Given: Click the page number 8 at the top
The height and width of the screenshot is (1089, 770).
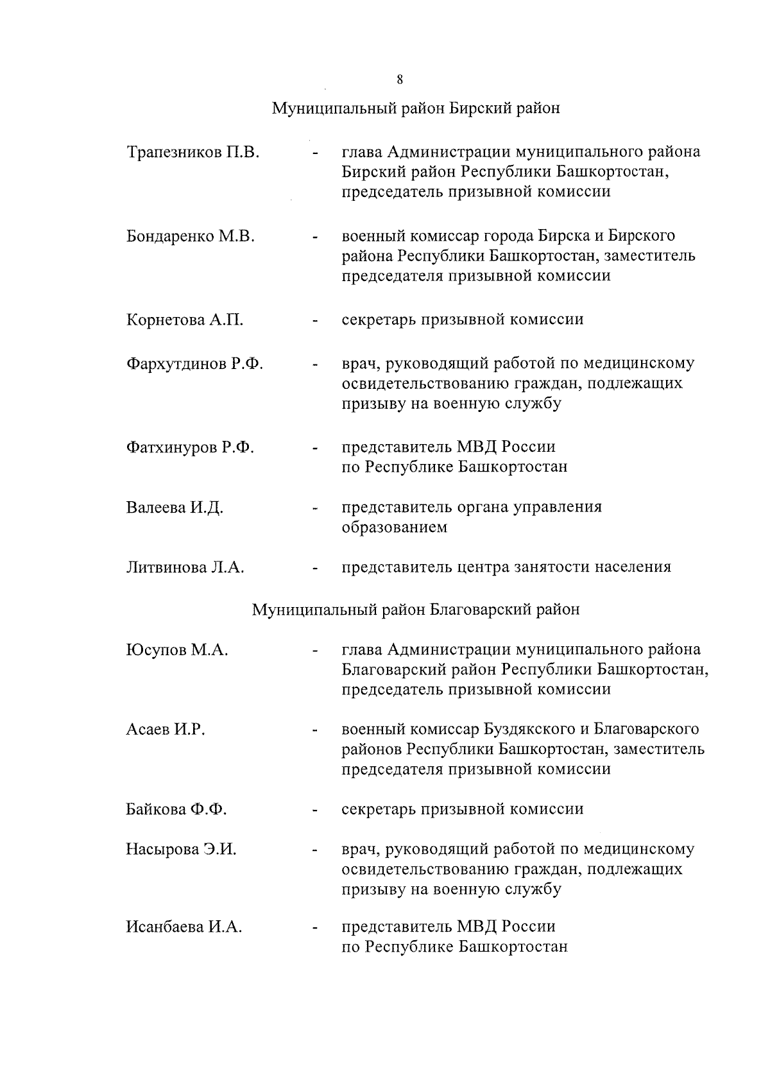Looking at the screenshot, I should (x=400, y=80).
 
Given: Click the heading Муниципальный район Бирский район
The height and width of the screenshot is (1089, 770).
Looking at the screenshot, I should (x=416, y=108).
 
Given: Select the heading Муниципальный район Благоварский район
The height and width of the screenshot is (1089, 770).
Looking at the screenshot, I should (x=416, y=609).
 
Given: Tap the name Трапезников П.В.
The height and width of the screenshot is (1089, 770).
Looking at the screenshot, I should (x=193, y=153).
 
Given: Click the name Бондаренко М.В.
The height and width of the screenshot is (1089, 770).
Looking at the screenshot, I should (x=191, y=236).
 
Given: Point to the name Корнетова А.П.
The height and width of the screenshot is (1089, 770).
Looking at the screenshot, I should (x=185, y=320).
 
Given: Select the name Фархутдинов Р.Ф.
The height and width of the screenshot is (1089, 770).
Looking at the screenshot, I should (x=195, y=364).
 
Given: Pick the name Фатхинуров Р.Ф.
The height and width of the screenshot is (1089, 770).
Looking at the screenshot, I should (x=191, y=447).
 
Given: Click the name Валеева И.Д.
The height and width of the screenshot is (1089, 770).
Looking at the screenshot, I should (x=175, y=508).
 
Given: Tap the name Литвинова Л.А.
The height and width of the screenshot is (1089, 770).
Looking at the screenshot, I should (x=185, y=567).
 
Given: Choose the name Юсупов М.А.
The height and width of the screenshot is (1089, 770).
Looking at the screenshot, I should (x=178, y=650).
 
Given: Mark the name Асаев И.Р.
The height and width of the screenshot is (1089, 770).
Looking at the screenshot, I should (x=166, y=730).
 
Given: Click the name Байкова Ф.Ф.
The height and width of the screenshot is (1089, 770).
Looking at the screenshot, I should (x=176, y=809).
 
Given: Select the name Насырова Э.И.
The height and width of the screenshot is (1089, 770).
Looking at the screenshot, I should (x=182, y=850).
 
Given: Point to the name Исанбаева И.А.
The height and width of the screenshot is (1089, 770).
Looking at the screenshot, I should (x=184, y=927).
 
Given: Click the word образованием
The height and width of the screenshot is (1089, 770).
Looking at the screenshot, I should (x=394, y=527).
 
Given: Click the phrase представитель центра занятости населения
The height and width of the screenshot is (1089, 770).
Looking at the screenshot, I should (x=506, y=567).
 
